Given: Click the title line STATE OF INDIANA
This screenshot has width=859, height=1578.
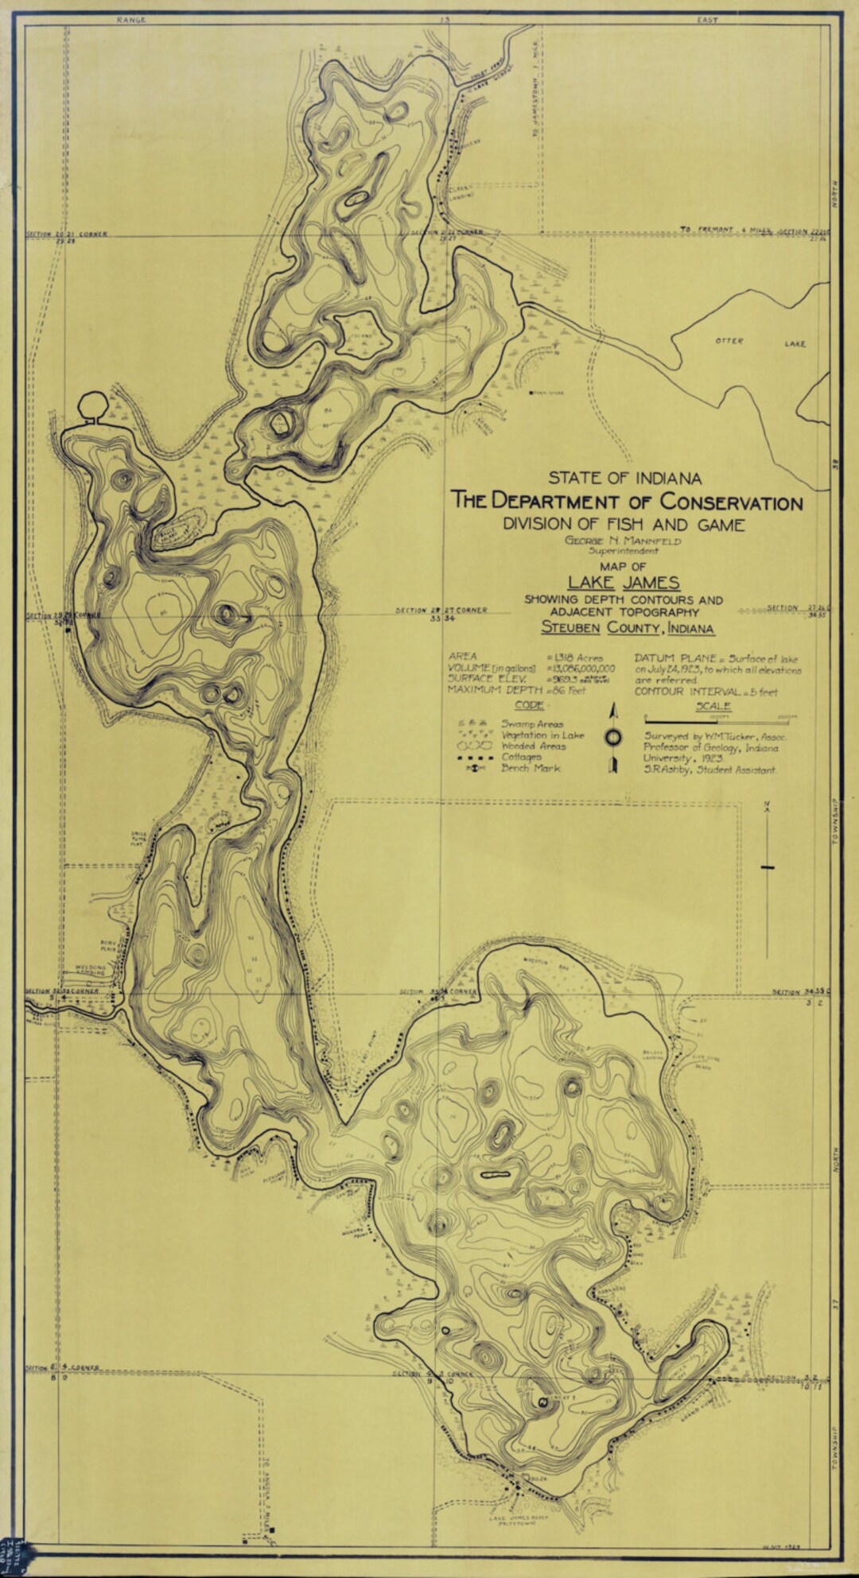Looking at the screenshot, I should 624,479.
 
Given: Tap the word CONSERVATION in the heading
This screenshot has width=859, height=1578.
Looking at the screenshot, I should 730,502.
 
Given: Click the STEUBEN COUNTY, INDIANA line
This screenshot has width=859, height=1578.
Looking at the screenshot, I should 627,628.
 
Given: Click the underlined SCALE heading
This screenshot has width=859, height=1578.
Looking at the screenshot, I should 713,706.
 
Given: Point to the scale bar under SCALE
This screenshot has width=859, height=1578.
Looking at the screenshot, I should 720,720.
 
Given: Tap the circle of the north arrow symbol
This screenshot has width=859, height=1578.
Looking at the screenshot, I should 613,737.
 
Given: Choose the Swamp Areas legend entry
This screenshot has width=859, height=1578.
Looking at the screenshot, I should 531,724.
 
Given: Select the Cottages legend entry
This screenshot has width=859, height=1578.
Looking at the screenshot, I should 521,758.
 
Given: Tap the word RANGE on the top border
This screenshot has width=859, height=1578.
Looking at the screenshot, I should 131,20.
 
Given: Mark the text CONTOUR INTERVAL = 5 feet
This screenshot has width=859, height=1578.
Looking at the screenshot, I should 705,692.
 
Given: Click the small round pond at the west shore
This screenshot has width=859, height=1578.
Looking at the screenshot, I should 92,404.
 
